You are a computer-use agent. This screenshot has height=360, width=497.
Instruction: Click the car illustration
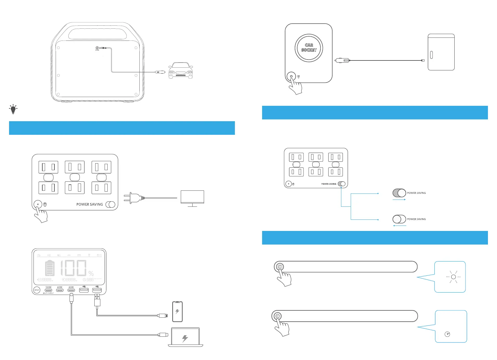[x=180, y=70]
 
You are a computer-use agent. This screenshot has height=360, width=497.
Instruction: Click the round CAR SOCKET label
[x=309, y=48]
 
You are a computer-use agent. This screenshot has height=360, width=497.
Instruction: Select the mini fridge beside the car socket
[x=441, y=52]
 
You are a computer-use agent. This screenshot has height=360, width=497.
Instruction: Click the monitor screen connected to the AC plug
[x=192, y=197]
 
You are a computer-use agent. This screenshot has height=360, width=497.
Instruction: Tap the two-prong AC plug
[x=132, y=198]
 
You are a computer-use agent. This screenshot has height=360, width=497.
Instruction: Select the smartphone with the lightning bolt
[x=177, y=311]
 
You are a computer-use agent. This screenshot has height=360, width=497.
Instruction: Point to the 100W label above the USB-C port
[x=48, y=287]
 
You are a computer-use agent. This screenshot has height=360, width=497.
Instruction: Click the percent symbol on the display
[x=91, y=273]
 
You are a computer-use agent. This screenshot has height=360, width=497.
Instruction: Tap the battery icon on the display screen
[x=50, y=268]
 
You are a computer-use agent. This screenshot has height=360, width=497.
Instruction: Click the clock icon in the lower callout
[x=447, y=334]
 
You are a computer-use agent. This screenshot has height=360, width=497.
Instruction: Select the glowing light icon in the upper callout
[x=453, y=277]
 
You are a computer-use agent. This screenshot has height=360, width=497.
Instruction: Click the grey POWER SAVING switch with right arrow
[x=399, y=193]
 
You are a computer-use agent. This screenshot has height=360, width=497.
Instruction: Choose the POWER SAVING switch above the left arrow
[x=399, y=219]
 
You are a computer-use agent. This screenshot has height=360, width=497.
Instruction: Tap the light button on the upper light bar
[x=280, y=267]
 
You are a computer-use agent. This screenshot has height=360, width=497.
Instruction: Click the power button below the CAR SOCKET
[x=291, y=76]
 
